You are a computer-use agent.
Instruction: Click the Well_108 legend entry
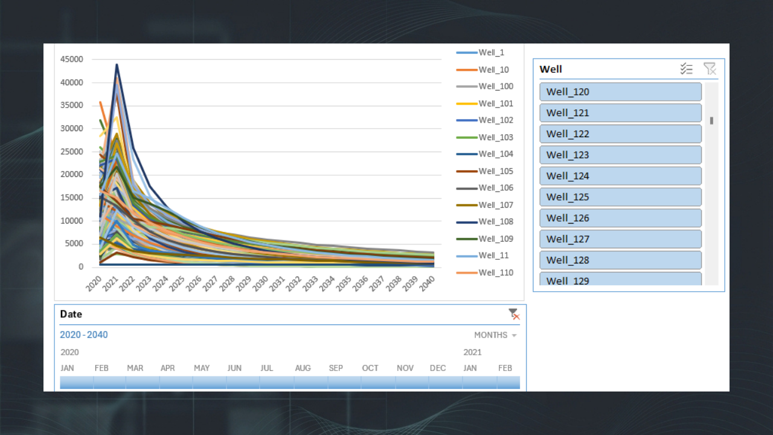tap(485, 222)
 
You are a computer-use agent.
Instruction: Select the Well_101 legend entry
tap(485, 103)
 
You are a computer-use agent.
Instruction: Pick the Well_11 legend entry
tap(483, 256)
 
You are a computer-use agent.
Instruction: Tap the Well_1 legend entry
tap(480, 53)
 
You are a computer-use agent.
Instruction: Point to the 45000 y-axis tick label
tap(72, 59)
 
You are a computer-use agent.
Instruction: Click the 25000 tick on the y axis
tap(72, 152)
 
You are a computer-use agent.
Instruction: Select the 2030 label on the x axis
tap(260, 284)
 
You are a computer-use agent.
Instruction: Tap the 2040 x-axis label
tap(427, 284)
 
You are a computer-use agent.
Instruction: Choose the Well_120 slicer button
tap(620, 92)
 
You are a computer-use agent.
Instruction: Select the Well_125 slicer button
tap(620, 197)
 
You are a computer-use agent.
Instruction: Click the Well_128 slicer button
tap(620, 260)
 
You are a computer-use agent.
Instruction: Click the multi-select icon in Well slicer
tap(687, 69)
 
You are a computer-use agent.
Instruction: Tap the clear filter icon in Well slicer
tap(710, 69)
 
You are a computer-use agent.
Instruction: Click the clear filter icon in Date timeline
tap(514, 314)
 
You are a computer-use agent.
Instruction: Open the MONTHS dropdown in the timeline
tap(495, 335)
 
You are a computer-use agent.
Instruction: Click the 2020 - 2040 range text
tap(84, 335)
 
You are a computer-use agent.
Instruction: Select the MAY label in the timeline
tap(202, 369)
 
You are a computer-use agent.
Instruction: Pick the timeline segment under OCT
tap(378, 382)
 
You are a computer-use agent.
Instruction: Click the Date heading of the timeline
tap(71, 314)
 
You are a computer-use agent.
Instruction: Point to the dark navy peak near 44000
tap(117, 65)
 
